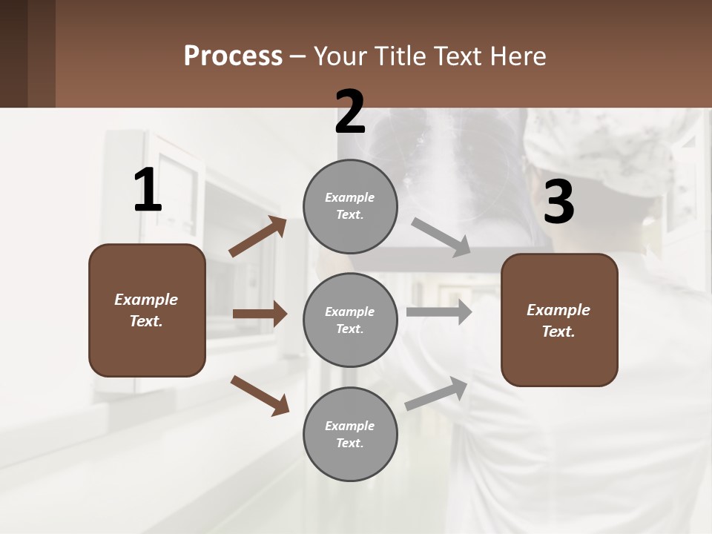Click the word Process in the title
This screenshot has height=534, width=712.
[233, 56]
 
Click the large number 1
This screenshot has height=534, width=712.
[148, 191]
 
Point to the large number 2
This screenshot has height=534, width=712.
[350, 113]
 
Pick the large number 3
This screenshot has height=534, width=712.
[558, 202]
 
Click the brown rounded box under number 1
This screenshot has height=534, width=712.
[147, 310]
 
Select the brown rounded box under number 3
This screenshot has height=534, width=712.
[559, 320]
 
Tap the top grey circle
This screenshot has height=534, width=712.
[350, 206]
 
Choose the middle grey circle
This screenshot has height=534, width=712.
[350, 320]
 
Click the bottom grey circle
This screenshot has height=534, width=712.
[350, 435]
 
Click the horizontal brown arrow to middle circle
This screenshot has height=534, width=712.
[260, 314]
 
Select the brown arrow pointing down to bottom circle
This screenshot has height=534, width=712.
[260, 395]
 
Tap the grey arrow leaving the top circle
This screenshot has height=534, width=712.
[441, 237]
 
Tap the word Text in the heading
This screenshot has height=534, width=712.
[455, 56]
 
